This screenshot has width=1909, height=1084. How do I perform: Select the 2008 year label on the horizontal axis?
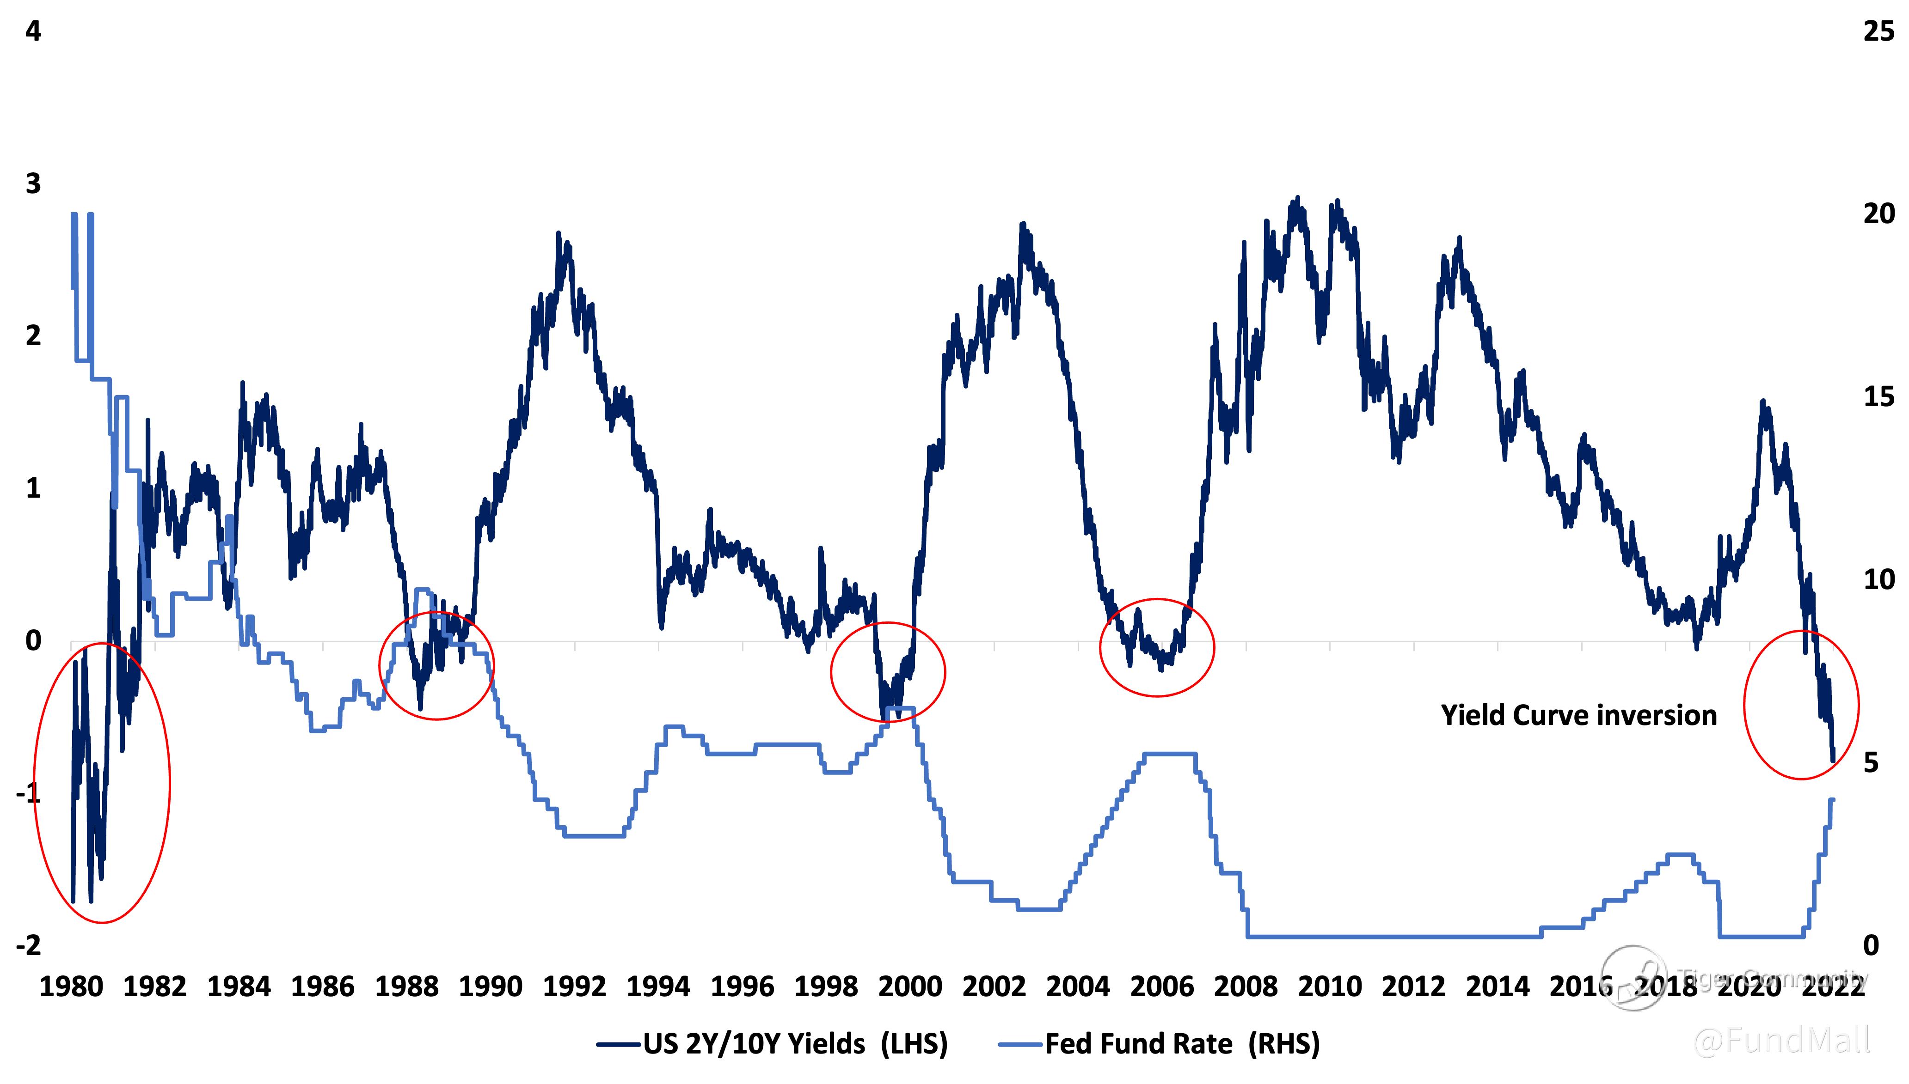1246,987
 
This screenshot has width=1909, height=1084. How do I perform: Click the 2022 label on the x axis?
1833,987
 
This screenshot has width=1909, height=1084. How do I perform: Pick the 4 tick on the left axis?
33,31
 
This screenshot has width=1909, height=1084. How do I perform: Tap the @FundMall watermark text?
1782,1040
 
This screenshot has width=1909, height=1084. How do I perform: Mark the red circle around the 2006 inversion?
1157,648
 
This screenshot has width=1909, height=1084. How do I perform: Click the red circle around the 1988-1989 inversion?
436,665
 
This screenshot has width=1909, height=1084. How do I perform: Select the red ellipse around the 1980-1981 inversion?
102,782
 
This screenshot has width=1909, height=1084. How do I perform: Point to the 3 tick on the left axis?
33,184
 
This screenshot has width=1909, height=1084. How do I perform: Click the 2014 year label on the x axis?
1497,987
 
